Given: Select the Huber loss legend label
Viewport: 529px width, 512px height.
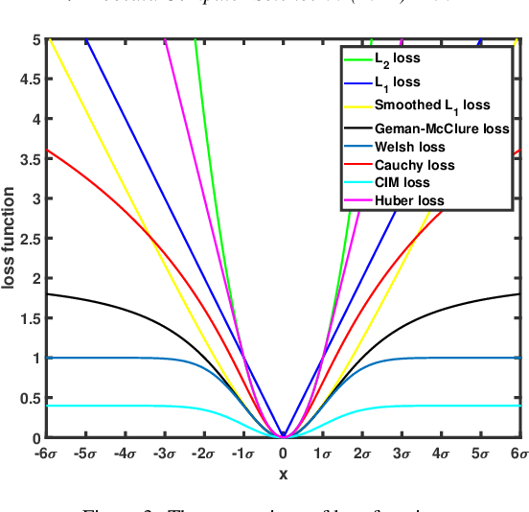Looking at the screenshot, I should [x=410, y=201].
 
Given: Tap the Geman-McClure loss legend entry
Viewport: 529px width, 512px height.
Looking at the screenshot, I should [x=442, y=128].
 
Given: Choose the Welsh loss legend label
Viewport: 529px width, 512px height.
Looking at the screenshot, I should [x=410, y=147].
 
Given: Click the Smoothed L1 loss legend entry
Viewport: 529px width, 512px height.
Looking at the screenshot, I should [x=430, y=105].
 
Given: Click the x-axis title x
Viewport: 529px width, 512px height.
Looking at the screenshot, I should [x=284, y=473].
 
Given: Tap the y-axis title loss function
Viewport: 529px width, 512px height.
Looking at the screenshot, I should [x=11, y=239].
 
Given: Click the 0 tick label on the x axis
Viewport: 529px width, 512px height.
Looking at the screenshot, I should [x=284, y=453].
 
